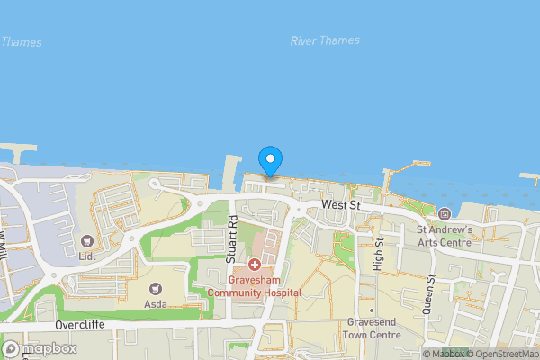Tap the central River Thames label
[325, 40]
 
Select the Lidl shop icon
[87, 241]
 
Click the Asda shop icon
[156, 288]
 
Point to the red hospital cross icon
[255, 265]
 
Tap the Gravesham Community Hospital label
[255, 286]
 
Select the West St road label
[340, 206]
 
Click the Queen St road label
[432, 289]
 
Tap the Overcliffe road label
[80, 325]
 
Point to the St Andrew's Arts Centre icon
[445, 213]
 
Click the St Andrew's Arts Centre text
[445, 236]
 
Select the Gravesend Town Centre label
[372, 328]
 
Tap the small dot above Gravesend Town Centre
[371, 309]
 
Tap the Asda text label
[156, 305]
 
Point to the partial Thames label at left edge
[20, 41]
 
